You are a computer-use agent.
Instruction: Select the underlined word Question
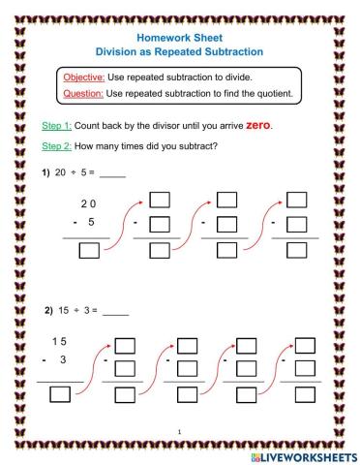(84, 94)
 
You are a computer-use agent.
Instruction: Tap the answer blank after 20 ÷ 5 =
(113, 175)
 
